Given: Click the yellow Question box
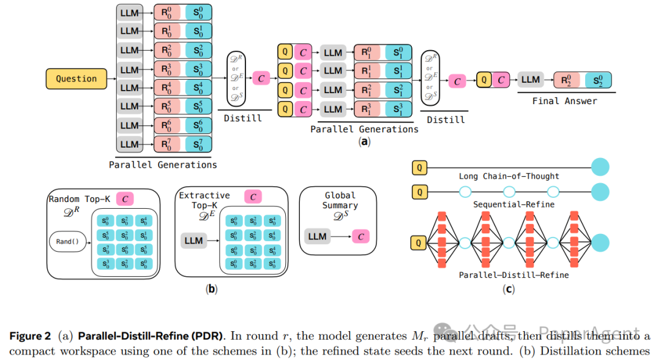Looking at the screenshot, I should click(x=77, y=78).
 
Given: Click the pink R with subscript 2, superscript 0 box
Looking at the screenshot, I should click(x=567, y=80).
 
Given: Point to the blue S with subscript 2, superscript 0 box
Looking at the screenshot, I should click(x=597, y=80).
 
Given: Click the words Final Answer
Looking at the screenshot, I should click(x=564, y=101).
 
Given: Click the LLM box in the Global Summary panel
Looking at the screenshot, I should click(x=317, y=236).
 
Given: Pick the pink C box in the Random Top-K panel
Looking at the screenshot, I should click(x=124, y=198).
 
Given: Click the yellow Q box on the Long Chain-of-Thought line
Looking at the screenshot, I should click(x=419, y=167).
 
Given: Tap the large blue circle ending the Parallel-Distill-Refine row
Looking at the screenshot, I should click(x=600, y=243).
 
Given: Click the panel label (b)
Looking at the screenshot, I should click(x=212, y=288).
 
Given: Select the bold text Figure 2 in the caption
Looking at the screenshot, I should click(x=30, y=336).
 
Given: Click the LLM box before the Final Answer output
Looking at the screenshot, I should click(x=530, y=80).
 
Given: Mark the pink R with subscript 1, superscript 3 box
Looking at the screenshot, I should click(x=367, y=109).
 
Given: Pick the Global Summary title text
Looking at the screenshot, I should click(x=340, y=201).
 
